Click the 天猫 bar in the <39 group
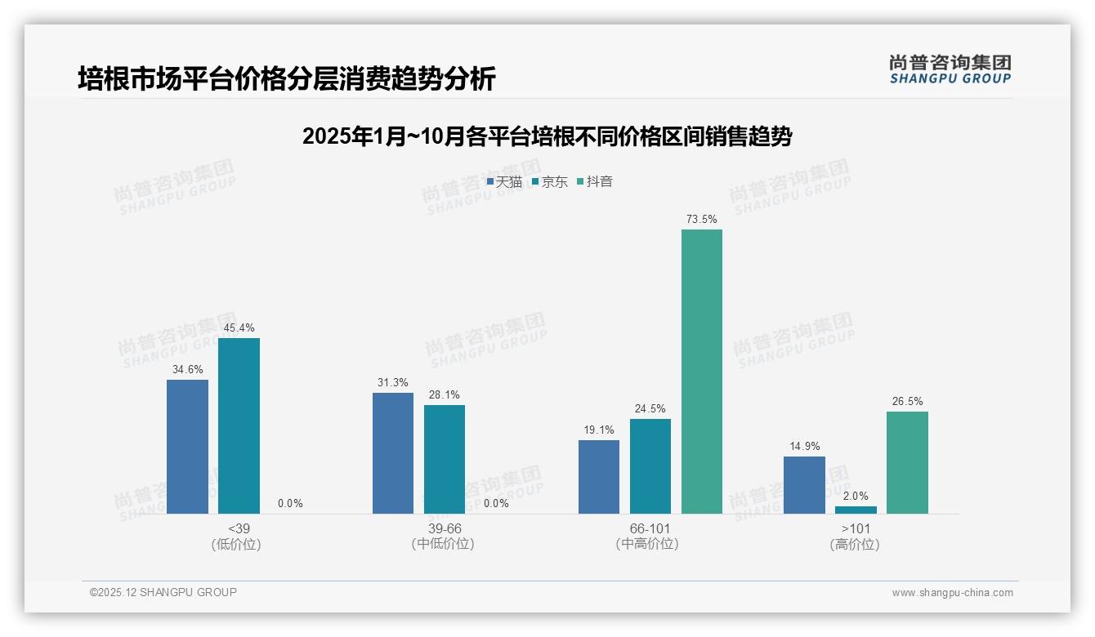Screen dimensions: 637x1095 (187, 447)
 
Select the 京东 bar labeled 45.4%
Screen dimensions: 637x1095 (239, 425)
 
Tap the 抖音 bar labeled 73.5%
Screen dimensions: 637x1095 (702, 372)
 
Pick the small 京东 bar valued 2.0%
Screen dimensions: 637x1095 (856, 510)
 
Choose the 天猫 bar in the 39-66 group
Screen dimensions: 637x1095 (393, 453)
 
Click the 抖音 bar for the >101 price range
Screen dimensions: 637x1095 (907, 462)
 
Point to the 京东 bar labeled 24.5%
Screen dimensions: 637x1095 (650, 466)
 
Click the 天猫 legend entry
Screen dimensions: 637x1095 (504, 182)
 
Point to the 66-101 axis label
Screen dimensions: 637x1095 (650, 528)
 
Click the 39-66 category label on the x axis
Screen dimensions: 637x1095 (445, 528)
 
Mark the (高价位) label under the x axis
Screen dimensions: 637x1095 (855, 545)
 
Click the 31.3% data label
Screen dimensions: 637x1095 (393, 382)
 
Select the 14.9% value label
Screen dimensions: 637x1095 (804, 446)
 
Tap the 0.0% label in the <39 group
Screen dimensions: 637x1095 (290, 503)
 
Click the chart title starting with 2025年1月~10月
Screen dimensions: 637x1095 (547, 136)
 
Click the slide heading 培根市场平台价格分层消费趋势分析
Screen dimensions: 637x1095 (287, 79)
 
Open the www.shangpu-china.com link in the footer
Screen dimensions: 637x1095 (952, 593)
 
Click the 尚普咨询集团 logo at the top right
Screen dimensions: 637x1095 (950, 69)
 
